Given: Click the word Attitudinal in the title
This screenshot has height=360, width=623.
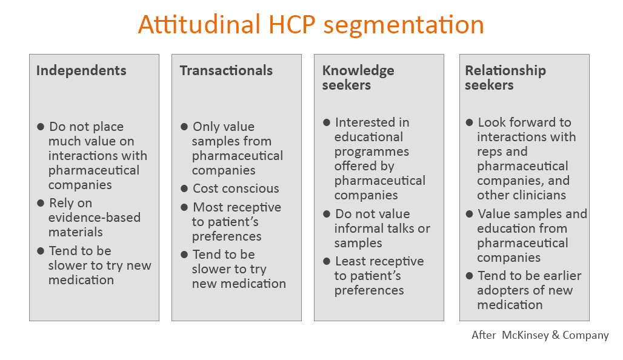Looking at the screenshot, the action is coord(199,24).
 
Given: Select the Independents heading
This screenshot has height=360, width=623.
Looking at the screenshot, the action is coord(81,70).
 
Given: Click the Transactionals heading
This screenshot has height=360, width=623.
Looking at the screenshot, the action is coord(226,70).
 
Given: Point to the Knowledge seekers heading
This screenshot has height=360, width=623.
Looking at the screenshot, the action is coord(358,78).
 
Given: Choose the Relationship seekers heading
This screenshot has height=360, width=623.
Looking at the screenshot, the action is coord(505,78).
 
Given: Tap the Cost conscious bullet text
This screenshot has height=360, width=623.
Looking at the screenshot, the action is coord(236,188).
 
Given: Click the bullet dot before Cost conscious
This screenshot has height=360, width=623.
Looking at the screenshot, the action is coord(184,188).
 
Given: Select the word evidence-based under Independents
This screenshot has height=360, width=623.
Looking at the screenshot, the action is coord(95,218).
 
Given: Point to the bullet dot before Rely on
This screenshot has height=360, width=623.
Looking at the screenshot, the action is coord(41,203).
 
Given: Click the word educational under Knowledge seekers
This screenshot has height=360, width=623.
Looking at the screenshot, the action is coord(368,137).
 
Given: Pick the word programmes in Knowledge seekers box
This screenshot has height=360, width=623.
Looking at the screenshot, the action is coord(372,152).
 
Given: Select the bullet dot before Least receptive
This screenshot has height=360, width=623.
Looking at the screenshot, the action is coord(327,261).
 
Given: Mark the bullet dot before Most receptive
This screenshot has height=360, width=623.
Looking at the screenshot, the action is coord(184,207).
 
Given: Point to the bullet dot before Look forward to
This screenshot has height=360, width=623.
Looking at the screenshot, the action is coord(469,122).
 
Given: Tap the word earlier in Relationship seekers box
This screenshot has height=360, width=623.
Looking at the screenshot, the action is coord(561,276).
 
